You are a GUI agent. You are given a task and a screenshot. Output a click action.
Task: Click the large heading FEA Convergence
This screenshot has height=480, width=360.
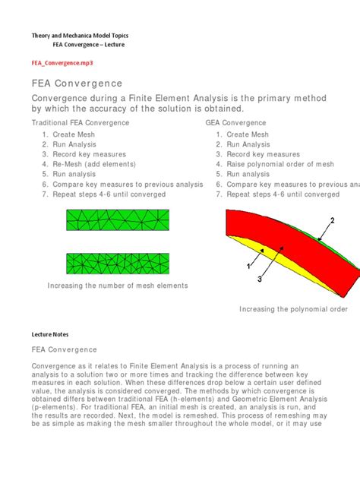coord(77,84)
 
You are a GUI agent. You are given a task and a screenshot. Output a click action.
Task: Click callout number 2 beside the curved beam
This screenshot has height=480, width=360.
coord(331,221)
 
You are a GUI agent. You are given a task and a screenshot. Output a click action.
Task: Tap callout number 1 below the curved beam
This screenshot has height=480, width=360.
coord(248,267)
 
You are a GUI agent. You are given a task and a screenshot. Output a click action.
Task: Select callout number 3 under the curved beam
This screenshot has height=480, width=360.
coord(260,279)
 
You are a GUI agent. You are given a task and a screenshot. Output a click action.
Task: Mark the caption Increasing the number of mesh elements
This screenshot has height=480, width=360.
coord(117,286)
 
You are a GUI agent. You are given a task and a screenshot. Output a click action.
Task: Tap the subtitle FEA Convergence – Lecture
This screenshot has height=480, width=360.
coord(83,45)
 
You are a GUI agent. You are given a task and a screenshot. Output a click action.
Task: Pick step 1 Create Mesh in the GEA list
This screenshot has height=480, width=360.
coord(248,134)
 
